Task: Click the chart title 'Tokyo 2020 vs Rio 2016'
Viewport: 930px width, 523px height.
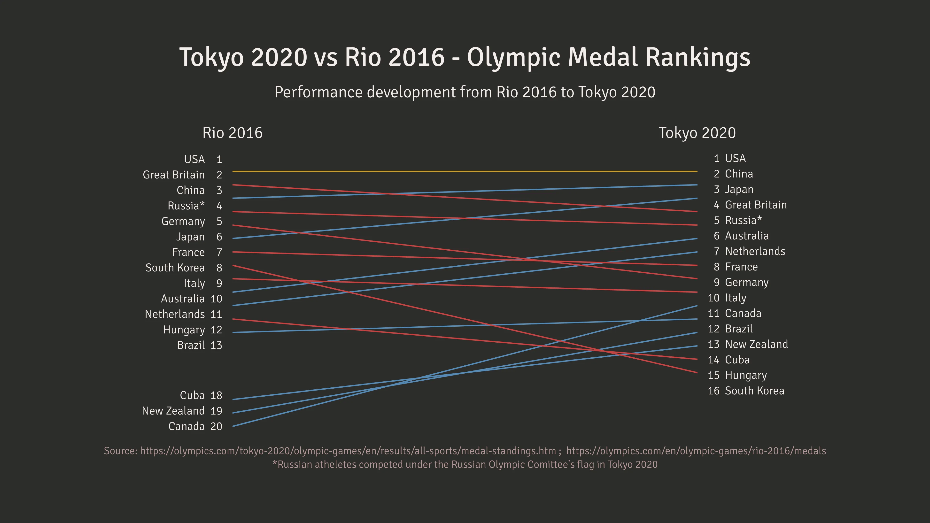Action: click(465, 57)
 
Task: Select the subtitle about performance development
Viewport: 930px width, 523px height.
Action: click(465, 92)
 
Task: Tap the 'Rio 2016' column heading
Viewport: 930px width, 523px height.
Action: click(232, 133)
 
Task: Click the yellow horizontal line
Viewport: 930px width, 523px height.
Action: click(465, 171)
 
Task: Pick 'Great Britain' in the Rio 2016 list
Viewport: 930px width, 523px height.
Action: click(174, 175)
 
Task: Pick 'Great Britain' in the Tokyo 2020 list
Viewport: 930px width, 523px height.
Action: click(756, 205)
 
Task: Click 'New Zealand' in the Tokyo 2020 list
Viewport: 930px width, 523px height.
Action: click(756, 344)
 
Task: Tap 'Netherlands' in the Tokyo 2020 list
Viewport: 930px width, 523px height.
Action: click(755, 251)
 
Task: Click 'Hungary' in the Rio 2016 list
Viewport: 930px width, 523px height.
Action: click(184, 330)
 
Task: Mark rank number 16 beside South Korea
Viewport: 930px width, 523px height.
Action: click(713, 391)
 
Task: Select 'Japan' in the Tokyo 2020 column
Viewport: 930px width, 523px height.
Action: click(739, 189)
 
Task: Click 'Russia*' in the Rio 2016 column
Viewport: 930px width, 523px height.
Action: click(186, 206)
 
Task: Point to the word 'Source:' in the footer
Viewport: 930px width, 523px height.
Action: click(120, 451)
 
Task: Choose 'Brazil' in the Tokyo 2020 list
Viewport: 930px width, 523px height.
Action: click(739, 329)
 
